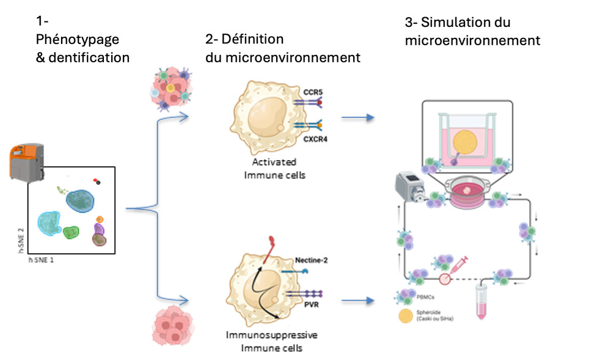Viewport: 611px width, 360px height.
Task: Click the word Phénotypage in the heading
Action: [78, 40]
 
